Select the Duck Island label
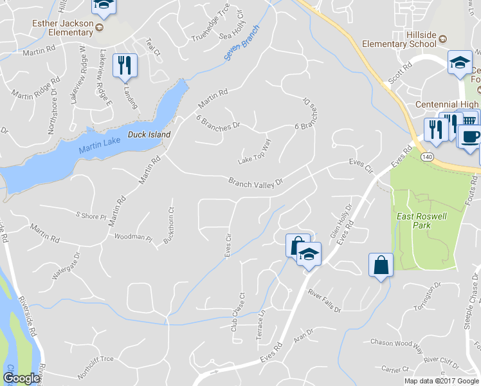[x=149, y=134]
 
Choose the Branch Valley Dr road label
[x=256, y=183]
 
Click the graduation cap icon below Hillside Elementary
[x=459, y=62]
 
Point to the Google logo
[x=21, y=378]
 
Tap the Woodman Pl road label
[x=132, y=237]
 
